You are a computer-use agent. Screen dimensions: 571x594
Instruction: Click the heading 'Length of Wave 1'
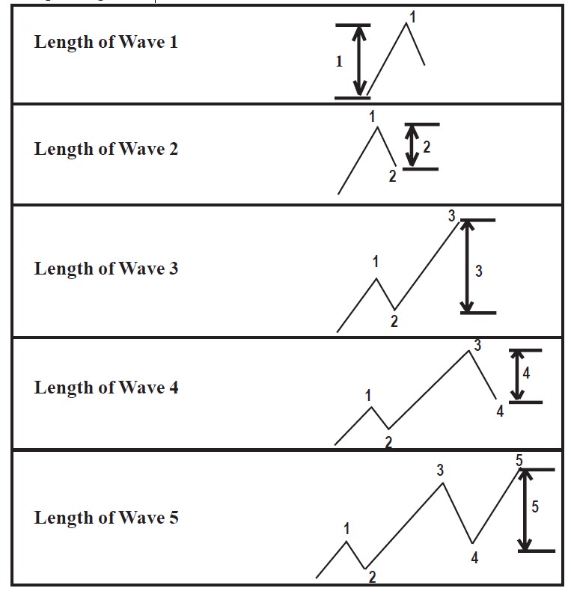point(106,43)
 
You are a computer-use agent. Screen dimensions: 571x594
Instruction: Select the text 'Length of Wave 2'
point(106,150)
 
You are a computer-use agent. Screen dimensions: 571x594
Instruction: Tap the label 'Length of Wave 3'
point(106,269)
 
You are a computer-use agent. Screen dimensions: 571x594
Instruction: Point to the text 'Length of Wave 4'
point(106,388)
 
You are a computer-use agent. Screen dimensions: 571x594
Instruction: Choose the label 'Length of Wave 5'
point(106,518)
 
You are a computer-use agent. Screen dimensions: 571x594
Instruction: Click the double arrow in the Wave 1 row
point(359,61)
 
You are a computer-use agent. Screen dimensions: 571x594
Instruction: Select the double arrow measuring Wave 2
point(412,146)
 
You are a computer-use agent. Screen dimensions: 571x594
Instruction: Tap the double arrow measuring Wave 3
point(467,266)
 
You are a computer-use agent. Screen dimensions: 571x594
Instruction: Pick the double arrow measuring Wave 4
point(517,376)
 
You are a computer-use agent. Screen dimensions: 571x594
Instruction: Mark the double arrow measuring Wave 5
point(525,510)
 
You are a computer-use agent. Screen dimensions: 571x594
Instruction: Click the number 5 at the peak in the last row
point(519,460)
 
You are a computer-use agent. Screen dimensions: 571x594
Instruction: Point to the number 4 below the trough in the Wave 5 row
point(474,557)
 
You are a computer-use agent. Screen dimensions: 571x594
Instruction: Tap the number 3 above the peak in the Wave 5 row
point(440,470)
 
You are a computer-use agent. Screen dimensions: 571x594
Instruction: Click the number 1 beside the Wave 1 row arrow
point(339,61)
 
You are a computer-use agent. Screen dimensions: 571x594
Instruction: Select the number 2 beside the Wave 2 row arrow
point(427,147)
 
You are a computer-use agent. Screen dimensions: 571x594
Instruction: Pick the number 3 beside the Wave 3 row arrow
point(479,272)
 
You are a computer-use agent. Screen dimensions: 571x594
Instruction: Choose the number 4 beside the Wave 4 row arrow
point(526,373)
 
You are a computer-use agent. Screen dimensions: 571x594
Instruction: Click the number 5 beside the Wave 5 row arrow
point(535,507)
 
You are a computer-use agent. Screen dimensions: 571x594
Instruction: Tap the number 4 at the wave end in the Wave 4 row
point(500,411)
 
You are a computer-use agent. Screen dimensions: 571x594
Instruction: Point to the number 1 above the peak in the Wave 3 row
point(376,261)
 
